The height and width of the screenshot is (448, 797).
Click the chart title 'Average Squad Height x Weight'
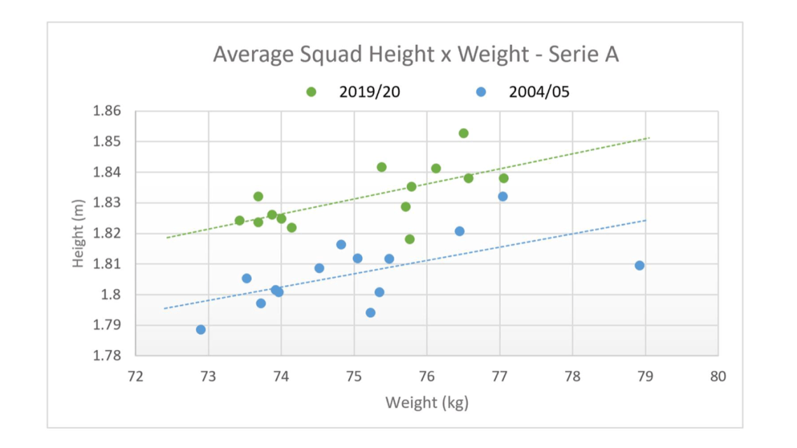pos(416,55)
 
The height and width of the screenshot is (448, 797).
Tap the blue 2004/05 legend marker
pos(481,92)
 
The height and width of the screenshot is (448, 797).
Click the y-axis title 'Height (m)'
pos(78,233)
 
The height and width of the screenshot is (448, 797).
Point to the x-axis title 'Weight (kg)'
pos(427,402)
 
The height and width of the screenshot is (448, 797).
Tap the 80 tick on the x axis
pos(718,377)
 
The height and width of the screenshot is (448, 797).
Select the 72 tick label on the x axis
pos(135,377)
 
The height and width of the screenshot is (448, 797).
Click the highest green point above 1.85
pos(464,133)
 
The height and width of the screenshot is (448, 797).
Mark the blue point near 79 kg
pos(639,265)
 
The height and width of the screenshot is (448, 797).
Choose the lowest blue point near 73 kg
pos(201,330)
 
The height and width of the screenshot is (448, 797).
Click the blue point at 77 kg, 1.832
pos(503,197)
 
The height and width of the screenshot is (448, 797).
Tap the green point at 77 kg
pos(504,178)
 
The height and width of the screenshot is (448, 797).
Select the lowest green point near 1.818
pos(410,239)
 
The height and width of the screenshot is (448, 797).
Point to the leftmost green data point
pos(240,220)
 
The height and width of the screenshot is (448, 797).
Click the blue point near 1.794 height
pos(370,313)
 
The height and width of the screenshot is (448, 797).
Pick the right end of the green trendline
pos(649,138)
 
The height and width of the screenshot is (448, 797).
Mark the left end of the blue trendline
pos(165,308)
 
